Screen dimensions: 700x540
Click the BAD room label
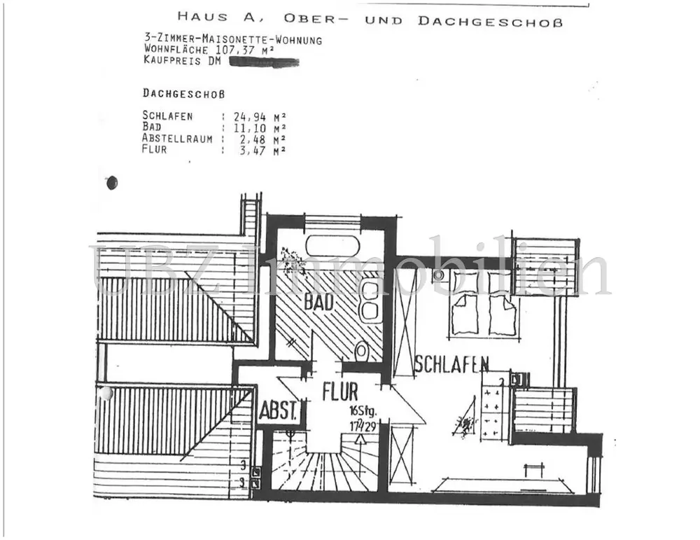pos(318,303)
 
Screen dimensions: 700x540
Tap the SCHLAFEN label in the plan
pos(451,364)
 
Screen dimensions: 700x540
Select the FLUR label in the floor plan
pos(340,392)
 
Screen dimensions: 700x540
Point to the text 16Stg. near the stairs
pos(362,410)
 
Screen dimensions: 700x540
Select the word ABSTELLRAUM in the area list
pos(177,139)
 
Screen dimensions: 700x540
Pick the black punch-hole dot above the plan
pos(111,183)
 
